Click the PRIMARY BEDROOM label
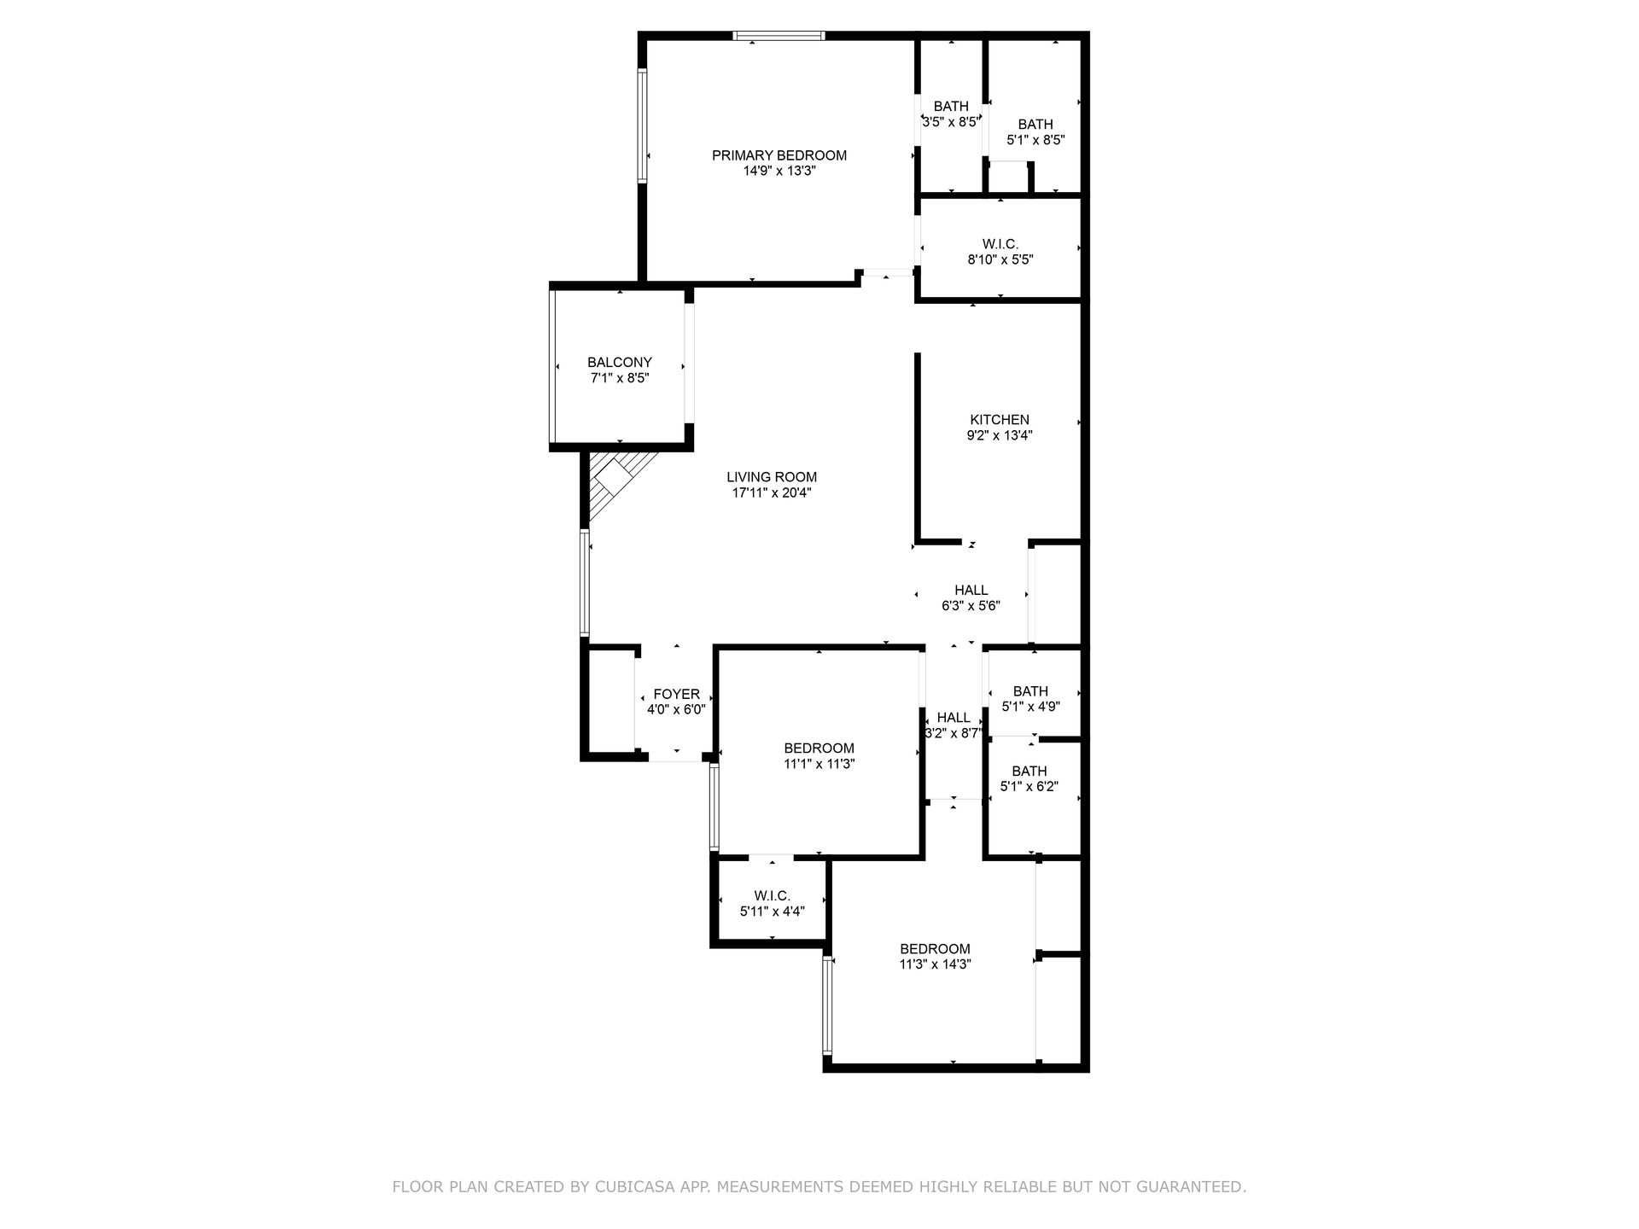[779, 155]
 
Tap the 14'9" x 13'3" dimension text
[779, 171]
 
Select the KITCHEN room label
[999, 420]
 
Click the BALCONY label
[619, 363]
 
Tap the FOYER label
[676, 695]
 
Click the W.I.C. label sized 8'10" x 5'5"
[1000, 244]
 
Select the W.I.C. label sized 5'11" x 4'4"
[772, 896]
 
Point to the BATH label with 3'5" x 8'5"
[950, 107]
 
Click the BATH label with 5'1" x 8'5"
[1035, 125]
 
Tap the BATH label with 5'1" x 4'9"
[1029, 691]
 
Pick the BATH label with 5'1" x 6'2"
[1029, 772]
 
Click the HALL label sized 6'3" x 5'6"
[971, 591]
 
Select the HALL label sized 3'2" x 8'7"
[953, 718]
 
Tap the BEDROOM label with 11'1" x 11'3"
[819, 748]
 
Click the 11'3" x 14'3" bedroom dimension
[935, 964]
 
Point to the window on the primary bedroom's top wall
[779, 36]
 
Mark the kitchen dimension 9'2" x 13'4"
[999, 435]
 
